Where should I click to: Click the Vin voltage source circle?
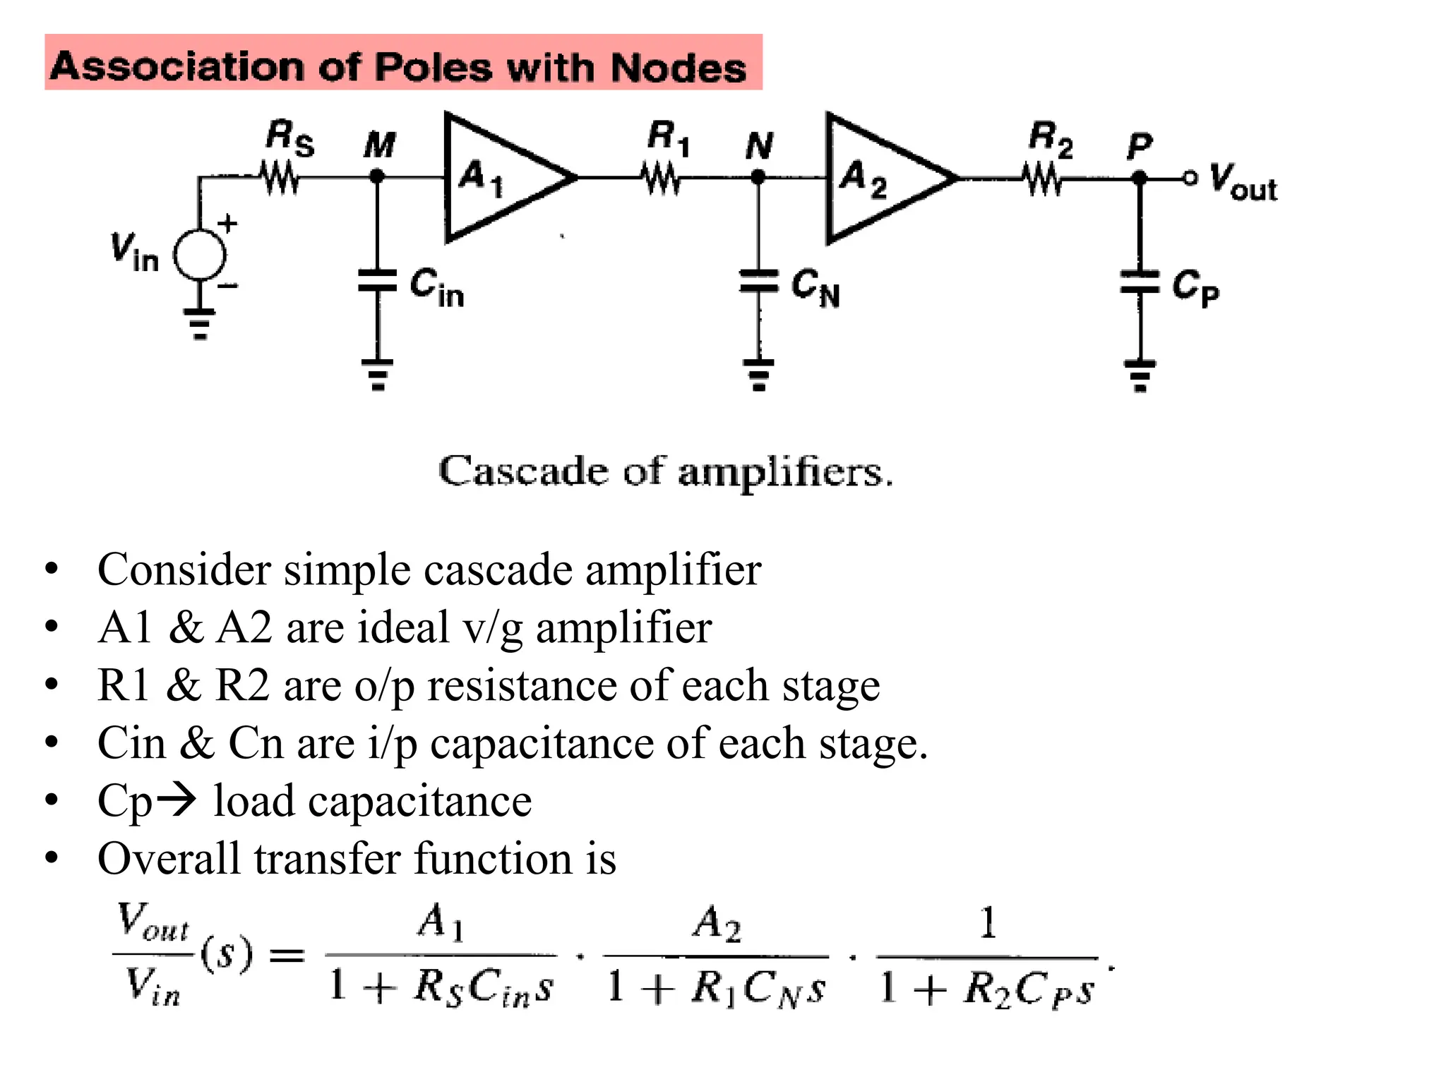tap(200, 255)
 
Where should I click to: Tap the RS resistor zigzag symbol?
tap(281, 177)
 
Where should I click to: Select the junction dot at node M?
tap(378, 176)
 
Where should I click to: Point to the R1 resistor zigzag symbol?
tap(662, 178)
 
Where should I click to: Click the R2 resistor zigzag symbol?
tap(1043, 179)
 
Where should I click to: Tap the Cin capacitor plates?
tap(378, 280)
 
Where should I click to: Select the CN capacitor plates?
tap(758, 281)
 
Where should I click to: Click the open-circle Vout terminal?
tap(1190, 178)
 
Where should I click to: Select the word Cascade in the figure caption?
tap(522, 471)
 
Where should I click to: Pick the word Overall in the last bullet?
tap(169, 859)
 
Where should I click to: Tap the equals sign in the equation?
tap(287, 956)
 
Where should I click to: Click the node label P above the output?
tap(1139, 146)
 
